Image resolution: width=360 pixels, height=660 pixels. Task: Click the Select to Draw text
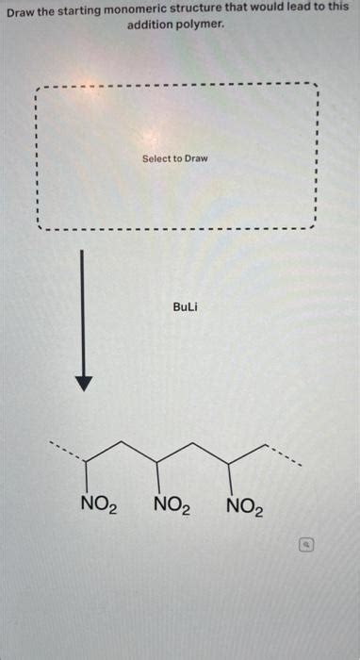tap(175, 158)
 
